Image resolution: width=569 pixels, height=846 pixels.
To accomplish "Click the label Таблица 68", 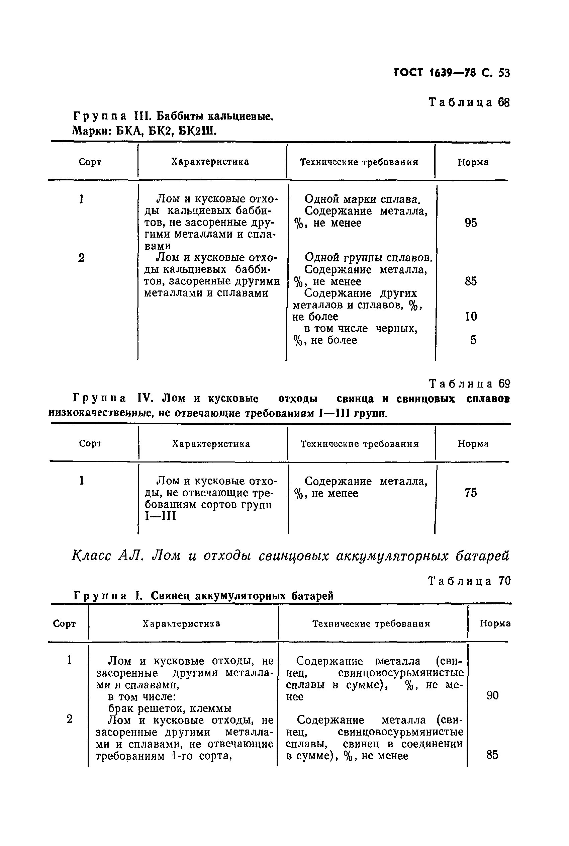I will click(x=469, y=103).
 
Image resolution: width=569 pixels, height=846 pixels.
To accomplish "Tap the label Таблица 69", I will click(x=469, y=384).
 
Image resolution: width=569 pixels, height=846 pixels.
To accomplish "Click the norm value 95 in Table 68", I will click(x=471, y=223).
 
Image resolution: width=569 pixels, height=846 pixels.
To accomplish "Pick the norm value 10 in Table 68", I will click(x=471, y=317).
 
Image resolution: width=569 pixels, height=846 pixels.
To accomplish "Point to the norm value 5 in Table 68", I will click(x=473, y=340).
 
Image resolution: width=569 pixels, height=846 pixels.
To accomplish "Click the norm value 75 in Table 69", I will click(x=471, y=493).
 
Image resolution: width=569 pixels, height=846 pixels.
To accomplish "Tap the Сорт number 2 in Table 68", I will click(x=81, y=258).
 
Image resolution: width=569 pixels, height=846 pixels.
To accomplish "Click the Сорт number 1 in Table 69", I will click(x=82, y=481).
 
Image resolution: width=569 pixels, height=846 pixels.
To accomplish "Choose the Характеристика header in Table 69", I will click(x=211, y=444).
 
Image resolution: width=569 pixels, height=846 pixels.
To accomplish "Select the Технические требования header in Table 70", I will click(x=371, y=623).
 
